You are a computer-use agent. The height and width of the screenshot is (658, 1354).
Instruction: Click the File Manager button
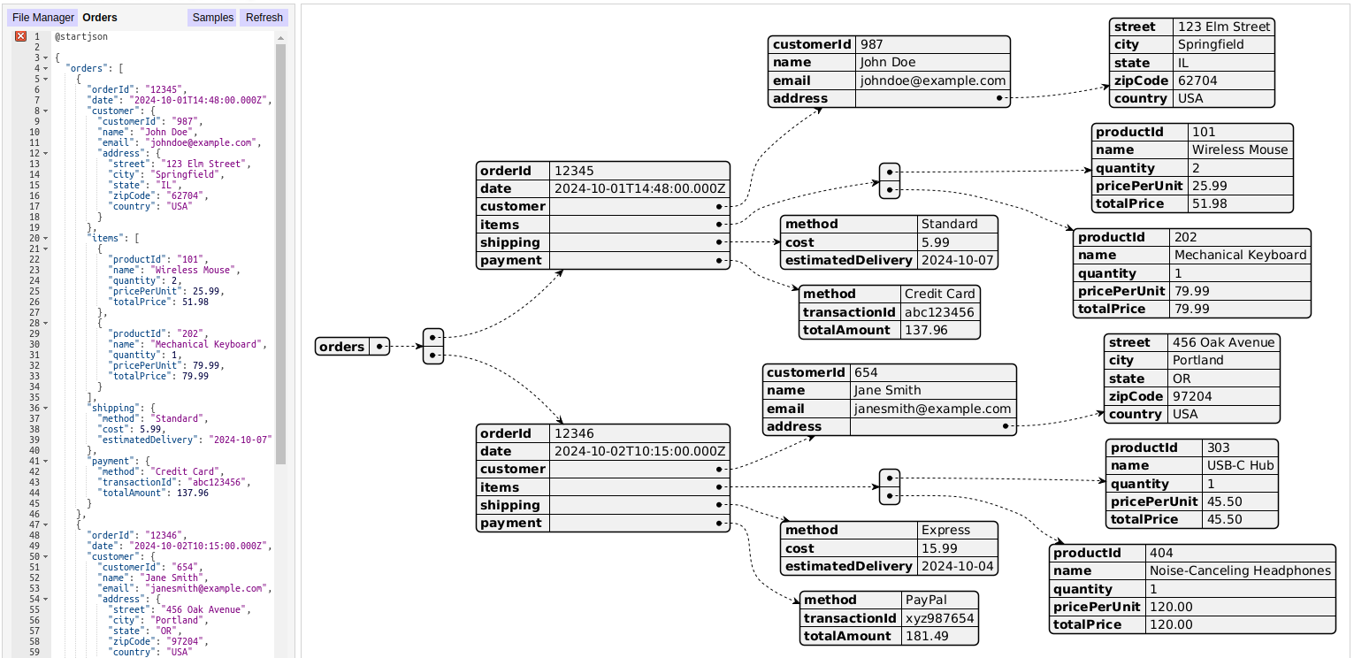point(42,18)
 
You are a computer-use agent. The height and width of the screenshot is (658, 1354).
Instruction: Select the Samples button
point(212,18)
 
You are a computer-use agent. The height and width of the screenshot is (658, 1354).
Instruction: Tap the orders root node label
point(342,347)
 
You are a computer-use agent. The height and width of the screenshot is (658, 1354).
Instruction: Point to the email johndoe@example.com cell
point(932,80)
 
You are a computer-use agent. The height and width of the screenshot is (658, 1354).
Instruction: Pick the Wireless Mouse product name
point(1240,150)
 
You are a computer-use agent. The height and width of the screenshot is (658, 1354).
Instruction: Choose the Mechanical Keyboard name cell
point(1240,255)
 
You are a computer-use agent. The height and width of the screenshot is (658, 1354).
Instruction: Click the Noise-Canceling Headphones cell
point(1240,570)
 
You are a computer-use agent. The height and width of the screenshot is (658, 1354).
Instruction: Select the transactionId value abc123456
point(939,312)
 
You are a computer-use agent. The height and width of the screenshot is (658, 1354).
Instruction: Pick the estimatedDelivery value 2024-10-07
point(957,260)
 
